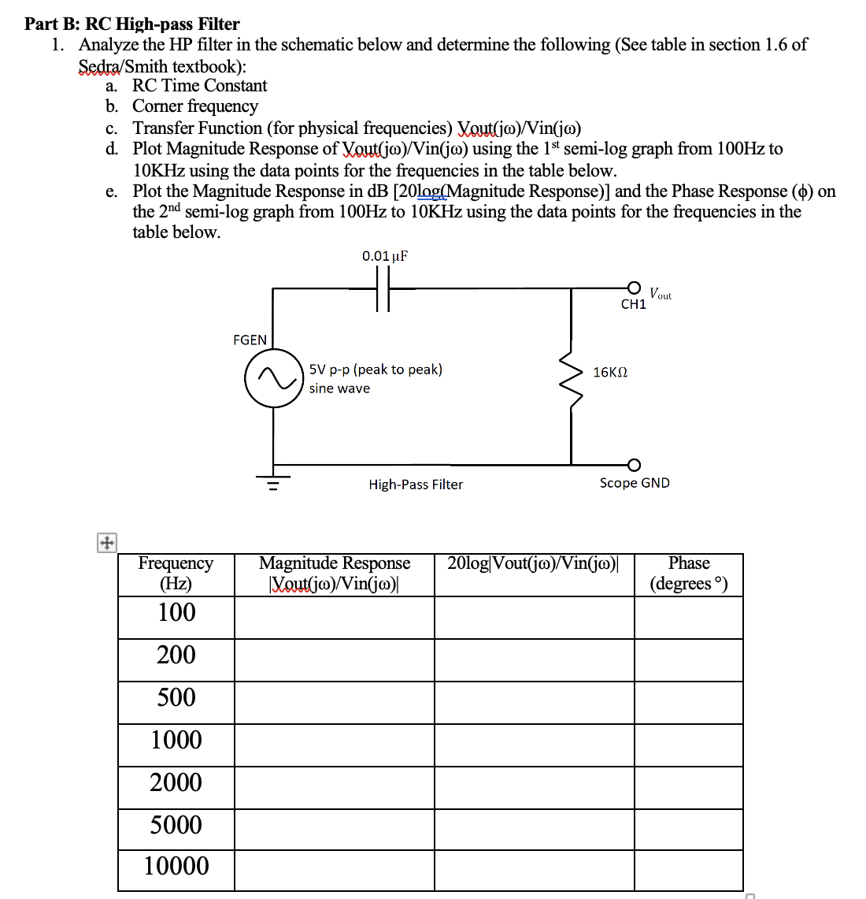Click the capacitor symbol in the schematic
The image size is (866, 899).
click(x=383, y=289)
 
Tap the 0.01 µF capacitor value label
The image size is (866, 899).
click(x=385, y=256)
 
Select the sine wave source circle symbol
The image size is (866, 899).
click(x=274, y=378)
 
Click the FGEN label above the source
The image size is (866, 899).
click(x=250, y=340)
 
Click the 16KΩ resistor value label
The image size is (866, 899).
click(x=610, y=372)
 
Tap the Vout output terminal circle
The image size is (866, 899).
click(x=634, y=288)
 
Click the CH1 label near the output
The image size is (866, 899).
click(x=633, y=304)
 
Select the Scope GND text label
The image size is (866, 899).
click(x=635, y=483)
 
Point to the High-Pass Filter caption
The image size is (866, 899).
click(x=416, y=485)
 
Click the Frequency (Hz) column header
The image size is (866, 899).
click(x=176, y=574)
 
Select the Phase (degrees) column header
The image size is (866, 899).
click(x=688, y=574)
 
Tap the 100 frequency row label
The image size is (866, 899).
click(x=176, y=612)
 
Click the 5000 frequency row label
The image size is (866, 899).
click(x=176, y=825)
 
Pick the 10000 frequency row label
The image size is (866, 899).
click(x=176, y=867)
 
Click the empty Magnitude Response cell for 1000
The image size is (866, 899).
click(x=335, y=740)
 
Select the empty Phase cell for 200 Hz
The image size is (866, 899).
click(x=688, y=655)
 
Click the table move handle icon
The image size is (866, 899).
click(x=105, y=543)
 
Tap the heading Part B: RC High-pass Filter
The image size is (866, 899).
click(x=132, y=24)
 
